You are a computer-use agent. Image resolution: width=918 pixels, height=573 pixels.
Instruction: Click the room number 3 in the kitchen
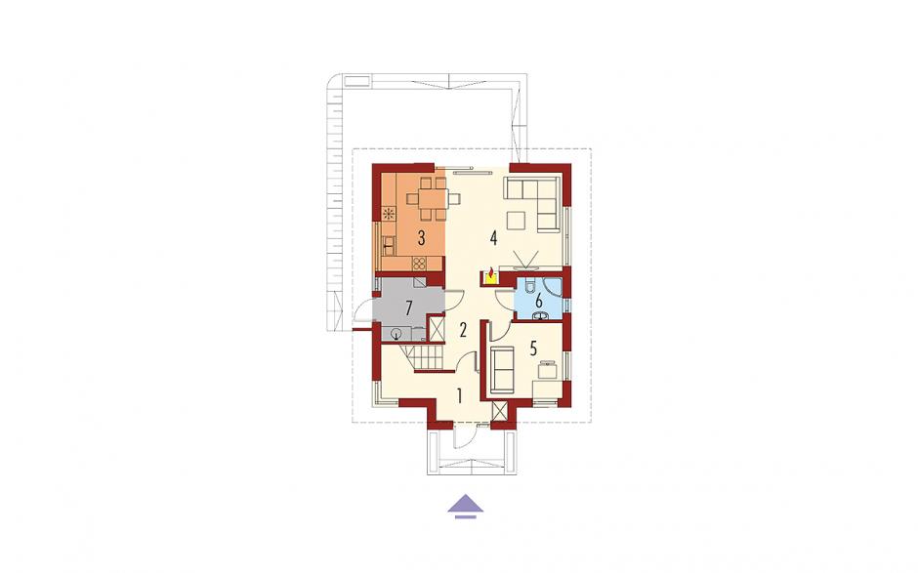421,237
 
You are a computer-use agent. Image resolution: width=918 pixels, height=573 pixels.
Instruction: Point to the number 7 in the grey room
409,307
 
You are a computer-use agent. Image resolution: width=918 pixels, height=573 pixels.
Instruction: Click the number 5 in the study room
533,348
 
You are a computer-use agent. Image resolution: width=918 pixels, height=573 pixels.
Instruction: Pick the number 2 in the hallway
463,330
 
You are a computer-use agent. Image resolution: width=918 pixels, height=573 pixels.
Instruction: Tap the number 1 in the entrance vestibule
460,396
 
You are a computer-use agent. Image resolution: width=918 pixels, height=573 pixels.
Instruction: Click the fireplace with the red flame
490,275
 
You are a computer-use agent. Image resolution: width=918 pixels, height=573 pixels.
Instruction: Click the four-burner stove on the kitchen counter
420,263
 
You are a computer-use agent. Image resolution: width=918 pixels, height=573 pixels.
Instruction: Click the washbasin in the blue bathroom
540,316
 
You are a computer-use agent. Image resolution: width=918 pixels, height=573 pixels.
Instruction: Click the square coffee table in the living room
517,221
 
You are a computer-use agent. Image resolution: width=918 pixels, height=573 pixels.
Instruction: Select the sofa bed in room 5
502,369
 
